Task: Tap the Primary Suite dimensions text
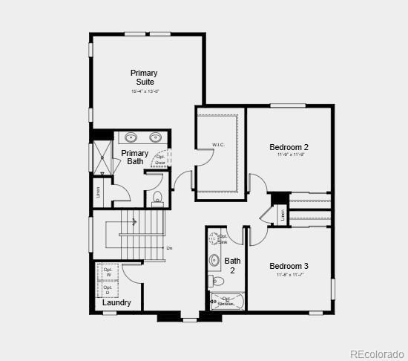point(145,91)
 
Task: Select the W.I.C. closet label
point(218,145)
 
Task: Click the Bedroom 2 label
point(289,147)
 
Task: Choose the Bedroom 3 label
point(289,266)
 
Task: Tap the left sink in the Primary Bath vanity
point(131,137)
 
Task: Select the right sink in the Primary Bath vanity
point(156,137)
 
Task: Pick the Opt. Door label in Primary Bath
point(160,160)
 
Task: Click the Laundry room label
point(117,302)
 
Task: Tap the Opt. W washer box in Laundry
point(108,273)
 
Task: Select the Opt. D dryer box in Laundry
point(108,287)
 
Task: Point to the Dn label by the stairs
point(169,248)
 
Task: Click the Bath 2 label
point(233,265)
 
